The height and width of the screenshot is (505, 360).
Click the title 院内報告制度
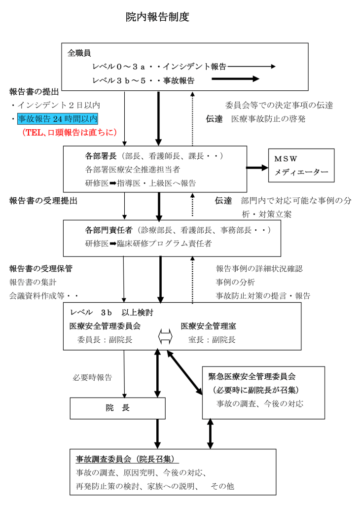click(157, 17)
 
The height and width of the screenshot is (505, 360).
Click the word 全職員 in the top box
click(79, 53)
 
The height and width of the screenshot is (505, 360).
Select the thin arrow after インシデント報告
click(252, 67)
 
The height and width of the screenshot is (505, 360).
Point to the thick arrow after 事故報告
click(235, 79)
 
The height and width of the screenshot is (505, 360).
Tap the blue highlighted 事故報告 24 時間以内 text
click(58, 119)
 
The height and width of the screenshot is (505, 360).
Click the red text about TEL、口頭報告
click(69, 132)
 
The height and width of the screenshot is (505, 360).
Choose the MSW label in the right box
click(286, 159)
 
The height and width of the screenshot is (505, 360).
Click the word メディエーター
click(301, 172)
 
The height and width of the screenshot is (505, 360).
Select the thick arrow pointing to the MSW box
click(257, 168)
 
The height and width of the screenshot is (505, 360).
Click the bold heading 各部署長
click(101, 156)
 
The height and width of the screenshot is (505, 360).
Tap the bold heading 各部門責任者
click(109, 230)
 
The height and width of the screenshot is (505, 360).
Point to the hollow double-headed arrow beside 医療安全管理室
click(166, 337)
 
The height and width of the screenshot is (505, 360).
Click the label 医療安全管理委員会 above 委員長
click(105, 326)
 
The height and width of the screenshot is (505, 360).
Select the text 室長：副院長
click(212, 340)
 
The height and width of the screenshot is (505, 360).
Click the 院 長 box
click(117, 408)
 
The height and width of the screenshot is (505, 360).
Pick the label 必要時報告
click(92, 377)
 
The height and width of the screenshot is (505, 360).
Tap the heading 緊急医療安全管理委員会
click(252, 376)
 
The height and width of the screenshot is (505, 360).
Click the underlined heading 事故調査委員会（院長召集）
click(128, 459)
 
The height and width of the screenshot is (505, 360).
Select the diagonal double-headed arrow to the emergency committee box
click(184, 372)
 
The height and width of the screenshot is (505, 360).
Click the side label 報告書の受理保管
click(41, 269)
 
